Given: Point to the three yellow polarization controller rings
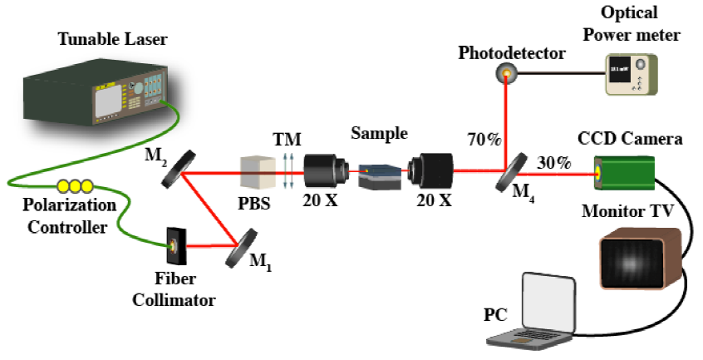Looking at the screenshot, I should pos(71,187).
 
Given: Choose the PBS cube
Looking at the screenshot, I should pos(255,174).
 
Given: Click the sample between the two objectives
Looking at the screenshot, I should pos(374,175).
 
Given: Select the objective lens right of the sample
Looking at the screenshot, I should pos(433,171).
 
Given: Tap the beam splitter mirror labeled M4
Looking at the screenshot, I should pos(512,170).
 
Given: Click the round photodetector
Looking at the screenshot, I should pos(505,75).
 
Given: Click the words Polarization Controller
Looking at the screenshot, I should pos(59,217).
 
